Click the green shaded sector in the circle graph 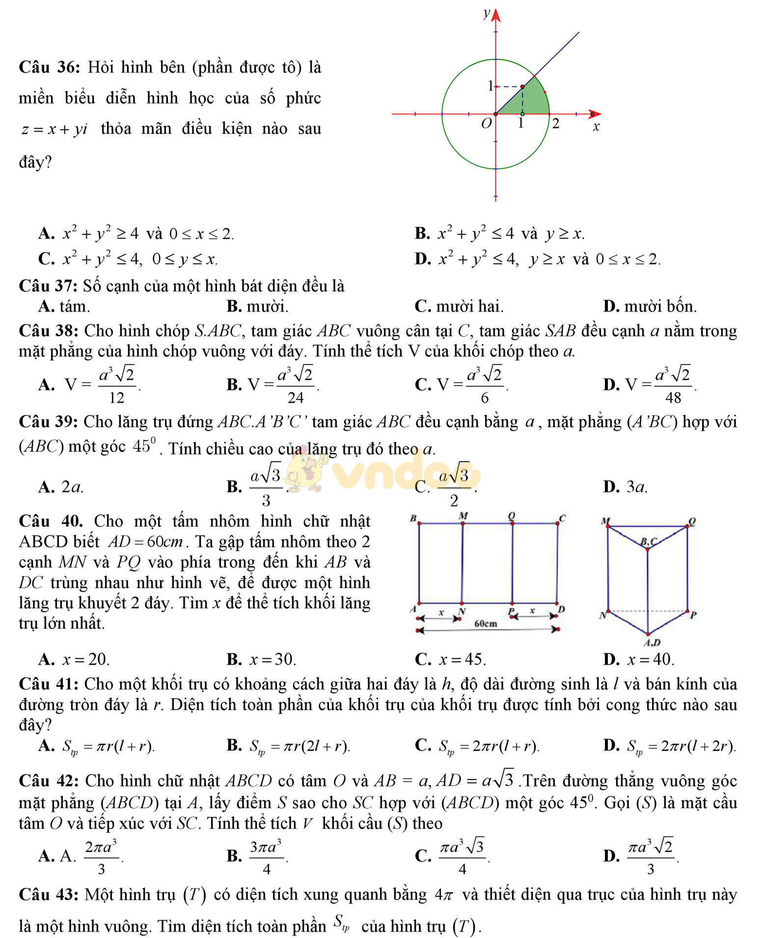[530, 101]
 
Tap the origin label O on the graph [486, 124]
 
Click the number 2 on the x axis [555, 124]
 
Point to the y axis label [486, 13]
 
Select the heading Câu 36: [49, 67]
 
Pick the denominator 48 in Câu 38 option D [673, 398]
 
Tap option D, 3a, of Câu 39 [636, 487]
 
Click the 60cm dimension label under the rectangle [486, 624]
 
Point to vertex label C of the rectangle [563, 518]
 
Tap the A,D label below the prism [652, 642]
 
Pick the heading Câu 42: [49, 781]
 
